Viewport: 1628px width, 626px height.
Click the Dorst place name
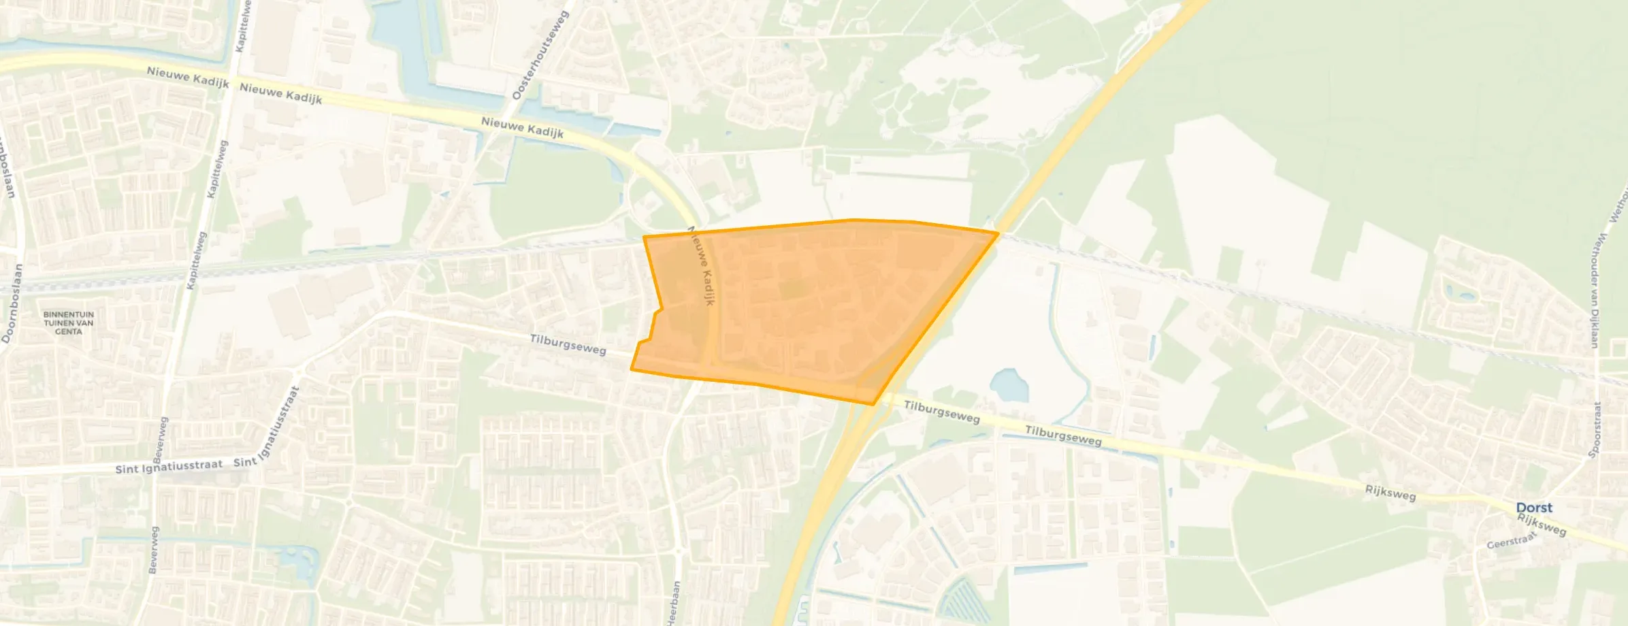click(1534, 508)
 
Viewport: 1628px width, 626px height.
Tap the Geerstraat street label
click(1512, 541)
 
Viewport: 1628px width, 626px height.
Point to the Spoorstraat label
click(1595, 429)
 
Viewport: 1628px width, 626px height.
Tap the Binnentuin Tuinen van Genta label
click(68, 323)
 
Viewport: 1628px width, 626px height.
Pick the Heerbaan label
click(674, 602)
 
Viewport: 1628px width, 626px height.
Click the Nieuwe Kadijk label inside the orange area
click(701, 266)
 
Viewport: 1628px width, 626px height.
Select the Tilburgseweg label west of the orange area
click(568, 344)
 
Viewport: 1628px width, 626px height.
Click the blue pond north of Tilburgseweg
click(1009, 385)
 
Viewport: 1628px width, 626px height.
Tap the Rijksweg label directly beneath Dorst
click(1542, 525)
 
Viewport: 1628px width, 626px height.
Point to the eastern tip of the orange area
click(998, 233)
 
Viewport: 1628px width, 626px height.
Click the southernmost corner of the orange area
click(873, 404)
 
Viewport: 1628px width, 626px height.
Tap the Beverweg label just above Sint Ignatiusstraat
click(160, 437)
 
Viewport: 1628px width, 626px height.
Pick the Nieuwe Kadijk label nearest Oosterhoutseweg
click(522, 127)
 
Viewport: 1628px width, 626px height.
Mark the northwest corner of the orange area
click(644, 237)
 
